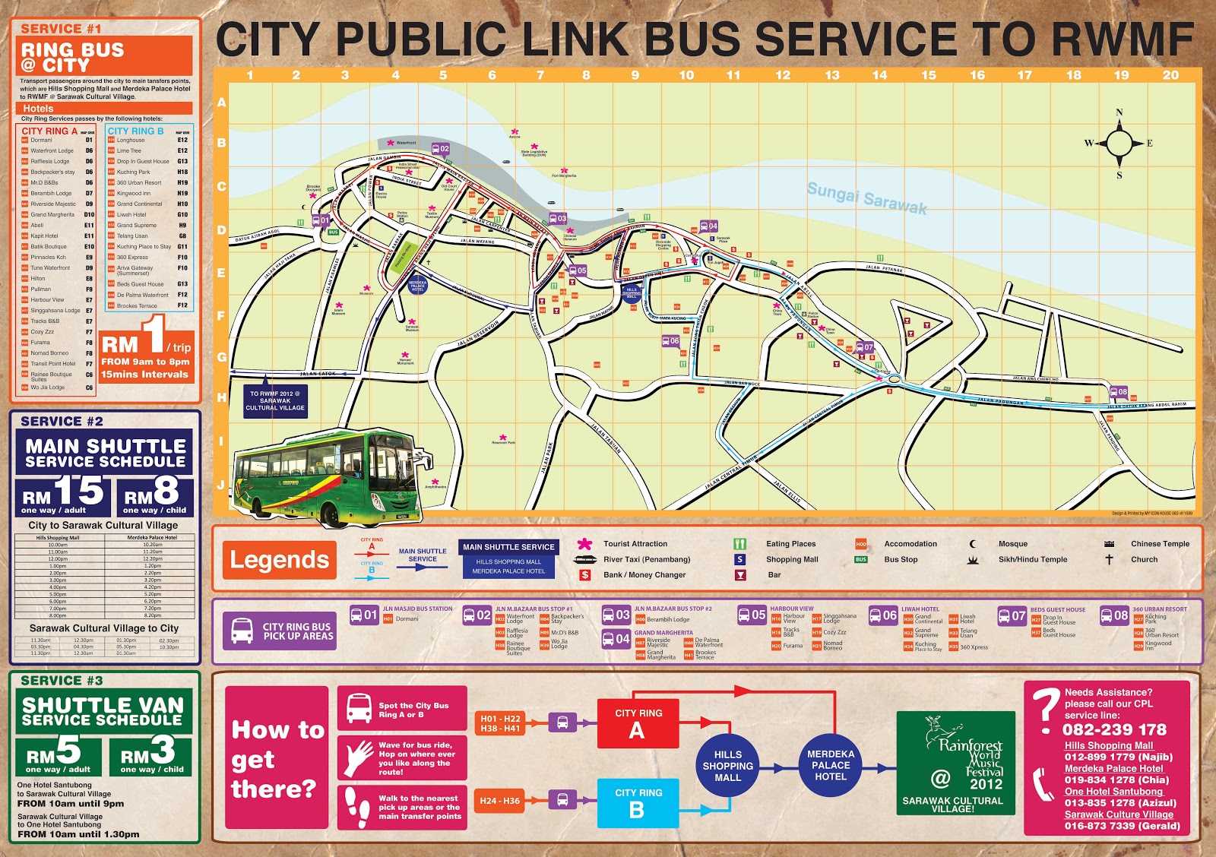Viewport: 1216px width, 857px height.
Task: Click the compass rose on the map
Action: tap(1119, 143)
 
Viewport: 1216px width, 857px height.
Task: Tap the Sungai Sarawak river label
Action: tap(866, 198)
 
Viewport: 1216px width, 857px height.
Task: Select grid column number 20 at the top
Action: tap(1170, 75)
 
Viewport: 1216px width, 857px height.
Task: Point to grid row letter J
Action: tap(221, 485)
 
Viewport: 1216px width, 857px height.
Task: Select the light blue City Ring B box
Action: tap(638, 802)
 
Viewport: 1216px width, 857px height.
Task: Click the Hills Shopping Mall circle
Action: tap(727, 766)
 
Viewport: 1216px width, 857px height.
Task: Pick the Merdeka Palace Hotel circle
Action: tap(830, 766)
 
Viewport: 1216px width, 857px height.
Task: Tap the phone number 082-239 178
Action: tap(1114, 730)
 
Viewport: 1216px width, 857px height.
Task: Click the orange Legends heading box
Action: tap(279, 560)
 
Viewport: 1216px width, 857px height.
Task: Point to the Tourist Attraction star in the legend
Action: tap(584, 544)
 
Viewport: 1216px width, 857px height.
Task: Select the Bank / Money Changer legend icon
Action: tap(584, 575)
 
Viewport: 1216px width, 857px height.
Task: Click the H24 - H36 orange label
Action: tap(500, 801)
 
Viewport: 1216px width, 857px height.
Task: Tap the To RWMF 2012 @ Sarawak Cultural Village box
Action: tap(275, 401)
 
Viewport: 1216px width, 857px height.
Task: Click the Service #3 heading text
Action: tap(62, 681)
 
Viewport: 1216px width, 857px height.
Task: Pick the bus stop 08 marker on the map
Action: tap(1119, 393)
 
